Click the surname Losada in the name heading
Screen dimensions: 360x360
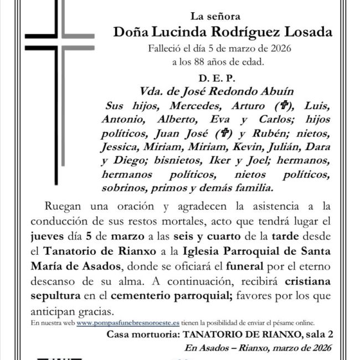[308, 32]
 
